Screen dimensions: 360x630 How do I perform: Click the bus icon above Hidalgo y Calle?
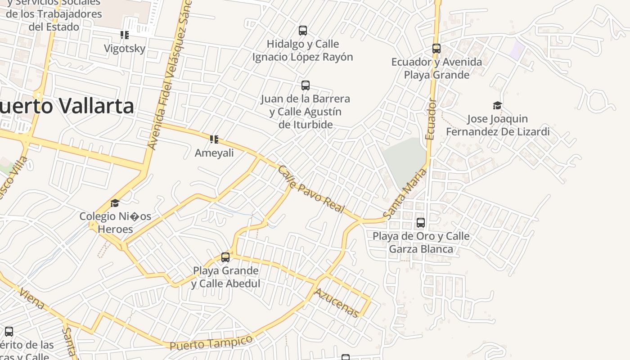tap(303, 31)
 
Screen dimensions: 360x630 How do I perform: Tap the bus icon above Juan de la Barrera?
tap(306, 85)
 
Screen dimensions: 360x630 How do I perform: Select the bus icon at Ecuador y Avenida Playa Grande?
tap(436, 49)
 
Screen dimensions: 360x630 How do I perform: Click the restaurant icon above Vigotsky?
tap(125, 35)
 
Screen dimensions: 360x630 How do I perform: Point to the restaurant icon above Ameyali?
tap(214, 139)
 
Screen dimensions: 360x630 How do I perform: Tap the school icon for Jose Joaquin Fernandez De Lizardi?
tap(497, 106)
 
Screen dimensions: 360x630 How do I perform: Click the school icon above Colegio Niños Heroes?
tap(115, 203)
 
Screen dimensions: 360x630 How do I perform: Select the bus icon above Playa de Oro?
tap(421, 223)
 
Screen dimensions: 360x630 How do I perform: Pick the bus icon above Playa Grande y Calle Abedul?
tap(225, 257)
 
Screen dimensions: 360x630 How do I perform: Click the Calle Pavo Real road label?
tap(311, 189)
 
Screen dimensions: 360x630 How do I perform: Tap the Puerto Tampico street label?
tap(211, 342)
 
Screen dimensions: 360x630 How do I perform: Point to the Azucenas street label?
tap(337, 303)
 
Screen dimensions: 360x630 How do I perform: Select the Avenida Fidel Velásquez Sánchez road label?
tap(170, 74)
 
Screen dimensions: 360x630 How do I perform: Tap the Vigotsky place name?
tap(125, 49)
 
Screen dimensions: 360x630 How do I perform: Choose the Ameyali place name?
tap(214, 153)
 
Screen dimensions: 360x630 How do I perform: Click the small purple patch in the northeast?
tap(517, 49)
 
